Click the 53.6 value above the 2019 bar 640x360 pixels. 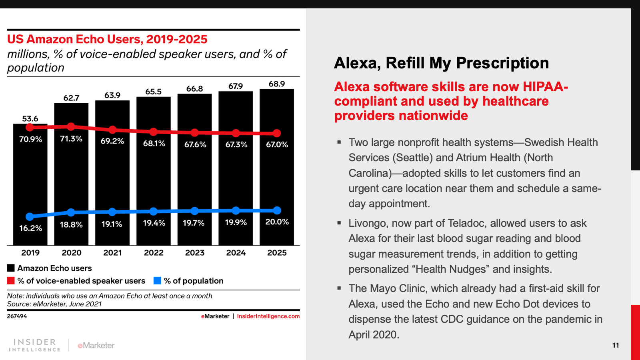[30, 119]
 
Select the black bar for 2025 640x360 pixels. [277, 180]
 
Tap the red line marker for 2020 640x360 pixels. [71, 126]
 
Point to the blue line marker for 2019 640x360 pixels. [30, 216]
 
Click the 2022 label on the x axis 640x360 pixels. [154, 253]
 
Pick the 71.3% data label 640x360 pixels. [71, 139]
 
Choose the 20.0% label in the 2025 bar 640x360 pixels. [277, 222]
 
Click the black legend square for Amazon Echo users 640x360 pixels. [11, 268]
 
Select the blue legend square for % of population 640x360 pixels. [157, 281]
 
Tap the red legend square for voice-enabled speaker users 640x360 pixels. [11, 281]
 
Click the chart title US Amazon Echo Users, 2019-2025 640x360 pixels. [107, 39]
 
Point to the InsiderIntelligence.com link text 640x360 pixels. [268, 316]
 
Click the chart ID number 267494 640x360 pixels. [17, 316]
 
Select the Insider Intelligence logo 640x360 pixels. [35, 345]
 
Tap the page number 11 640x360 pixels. [616, 345]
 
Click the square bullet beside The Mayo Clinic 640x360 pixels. [339, 288]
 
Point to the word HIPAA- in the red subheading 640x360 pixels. [545, 87]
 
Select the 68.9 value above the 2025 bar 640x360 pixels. [277, 84]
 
